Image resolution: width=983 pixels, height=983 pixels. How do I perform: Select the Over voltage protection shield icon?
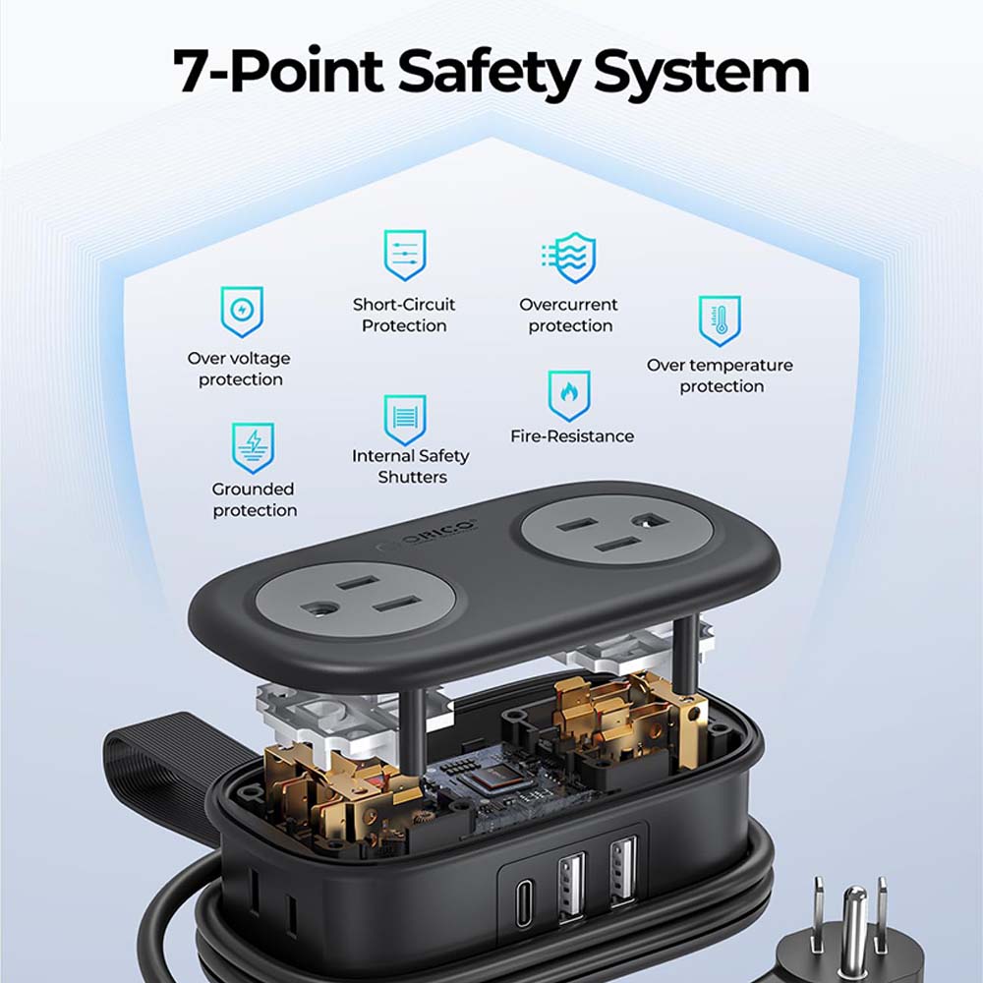pyautogui.click(x=242, y=312)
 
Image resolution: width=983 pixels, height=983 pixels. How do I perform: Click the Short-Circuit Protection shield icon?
pyautogui.click(x=404, y=255)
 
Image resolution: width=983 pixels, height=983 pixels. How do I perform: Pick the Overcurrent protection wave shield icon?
pyautogui.click(x=570, y=257)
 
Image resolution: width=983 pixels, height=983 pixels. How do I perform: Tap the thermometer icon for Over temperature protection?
pyautogui.click(x=720, y=320)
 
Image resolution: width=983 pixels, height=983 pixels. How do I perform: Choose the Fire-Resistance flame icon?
pyautogui.click(x=568, y=395)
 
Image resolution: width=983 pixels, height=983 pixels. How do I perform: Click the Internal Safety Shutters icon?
pyautogui.click(x=405, y=420)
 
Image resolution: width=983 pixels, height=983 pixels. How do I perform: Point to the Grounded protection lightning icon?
pyautogui.click(x=253, y=447)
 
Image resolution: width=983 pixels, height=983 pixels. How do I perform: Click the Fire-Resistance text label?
pyautogui.click(x=572, y=436)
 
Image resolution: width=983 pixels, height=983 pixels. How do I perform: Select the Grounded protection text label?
pyautogui.click(x=254, y=499)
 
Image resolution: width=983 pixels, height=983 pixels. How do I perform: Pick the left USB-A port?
pyautogui.click(x=571, y=886)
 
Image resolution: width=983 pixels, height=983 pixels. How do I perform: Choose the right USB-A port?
pyautogui.click(x=623, y=871)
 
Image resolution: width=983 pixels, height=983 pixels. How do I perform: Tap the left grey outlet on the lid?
pyautogui.click(x=356, y=600)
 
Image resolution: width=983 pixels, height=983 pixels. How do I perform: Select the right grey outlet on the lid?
pyautogui.click(x=617, y=532)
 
